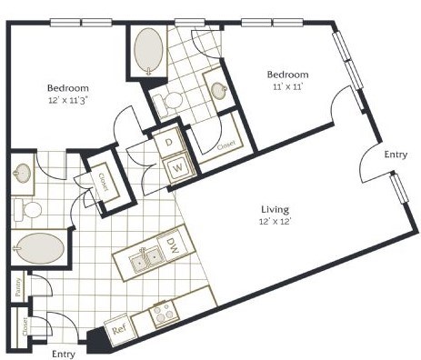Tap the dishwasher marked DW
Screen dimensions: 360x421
[172, 245]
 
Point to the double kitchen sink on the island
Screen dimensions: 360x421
[145, 262]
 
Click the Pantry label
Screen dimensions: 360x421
[18, 286]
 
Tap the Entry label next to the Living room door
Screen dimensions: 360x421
[396, 155]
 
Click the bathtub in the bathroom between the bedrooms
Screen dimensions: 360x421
[147, 51]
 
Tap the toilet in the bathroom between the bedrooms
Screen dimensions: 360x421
[169, 101]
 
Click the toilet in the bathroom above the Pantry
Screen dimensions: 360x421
[30, 209]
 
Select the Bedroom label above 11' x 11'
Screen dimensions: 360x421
[287, 75]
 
